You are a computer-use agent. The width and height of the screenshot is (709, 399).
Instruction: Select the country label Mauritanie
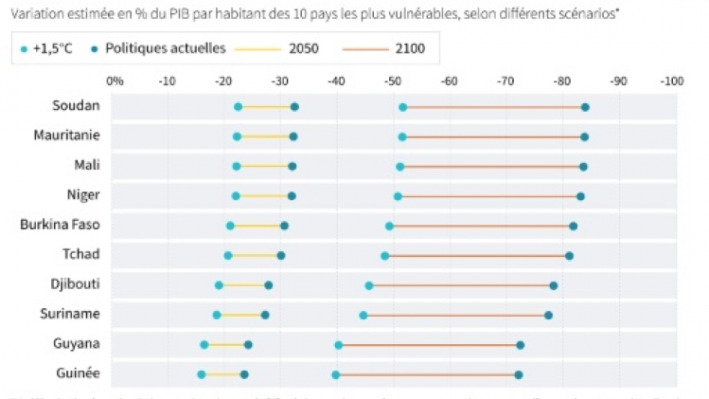point(67,136)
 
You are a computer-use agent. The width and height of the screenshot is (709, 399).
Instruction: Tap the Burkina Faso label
point(61,226)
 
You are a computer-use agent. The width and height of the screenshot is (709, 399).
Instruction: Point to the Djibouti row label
point(75,284)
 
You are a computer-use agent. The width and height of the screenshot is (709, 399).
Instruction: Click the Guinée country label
point(79,372)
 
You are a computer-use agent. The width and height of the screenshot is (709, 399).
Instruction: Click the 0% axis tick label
point(115,81)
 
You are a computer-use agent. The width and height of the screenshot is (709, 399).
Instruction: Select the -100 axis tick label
point(671,81)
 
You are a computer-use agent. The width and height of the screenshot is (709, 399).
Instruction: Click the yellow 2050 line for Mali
point(264,166)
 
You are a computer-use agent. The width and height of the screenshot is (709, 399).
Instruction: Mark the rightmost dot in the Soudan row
point(585,107)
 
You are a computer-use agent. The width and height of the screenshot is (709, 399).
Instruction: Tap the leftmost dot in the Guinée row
point(201,374)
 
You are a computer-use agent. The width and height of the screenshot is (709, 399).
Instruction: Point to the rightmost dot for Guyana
point(520,345)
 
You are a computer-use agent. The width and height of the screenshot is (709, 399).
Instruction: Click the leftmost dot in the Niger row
point(236,196)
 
